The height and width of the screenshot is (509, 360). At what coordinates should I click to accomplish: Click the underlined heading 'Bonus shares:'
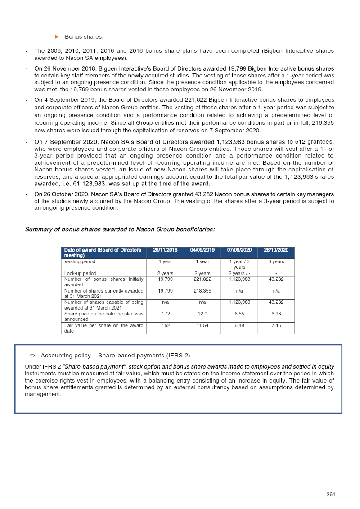click(84, 36)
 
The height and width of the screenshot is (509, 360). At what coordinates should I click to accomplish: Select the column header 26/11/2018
click(165, 250)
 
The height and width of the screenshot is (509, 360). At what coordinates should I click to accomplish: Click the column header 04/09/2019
click(202, 250)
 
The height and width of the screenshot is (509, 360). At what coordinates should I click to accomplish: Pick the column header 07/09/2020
click(239, 250)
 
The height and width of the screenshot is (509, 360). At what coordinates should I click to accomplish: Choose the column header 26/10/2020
click(276, 250)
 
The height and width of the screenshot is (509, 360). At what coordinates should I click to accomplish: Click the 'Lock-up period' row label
click(81, 273)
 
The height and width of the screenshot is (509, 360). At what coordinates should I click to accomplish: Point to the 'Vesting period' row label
click(80, 261)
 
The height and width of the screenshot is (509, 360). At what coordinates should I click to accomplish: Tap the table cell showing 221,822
click(202, 279)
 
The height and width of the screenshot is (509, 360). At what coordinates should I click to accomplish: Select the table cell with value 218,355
click(202, 291)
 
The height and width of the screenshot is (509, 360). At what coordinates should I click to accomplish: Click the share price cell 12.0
click(202, 314)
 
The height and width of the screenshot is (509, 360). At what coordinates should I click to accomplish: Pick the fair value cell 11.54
click(202, 325)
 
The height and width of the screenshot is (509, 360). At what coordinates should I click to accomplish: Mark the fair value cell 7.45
click(276, 325)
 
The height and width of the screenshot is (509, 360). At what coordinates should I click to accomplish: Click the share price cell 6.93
click(276, 314)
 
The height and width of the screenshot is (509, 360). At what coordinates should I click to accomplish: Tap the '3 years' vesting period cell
click(276, 261)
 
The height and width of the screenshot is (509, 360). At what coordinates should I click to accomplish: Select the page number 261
click(331, 494)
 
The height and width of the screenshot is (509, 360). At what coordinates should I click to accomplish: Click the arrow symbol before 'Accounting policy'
click(32, 356)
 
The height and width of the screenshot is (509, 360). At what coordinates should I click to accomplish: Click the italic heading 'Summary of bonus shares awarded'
click(120, 230)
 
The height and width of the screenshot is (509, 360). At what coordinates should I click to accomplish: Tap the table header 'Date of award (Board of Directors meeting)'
click(103, 252)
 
